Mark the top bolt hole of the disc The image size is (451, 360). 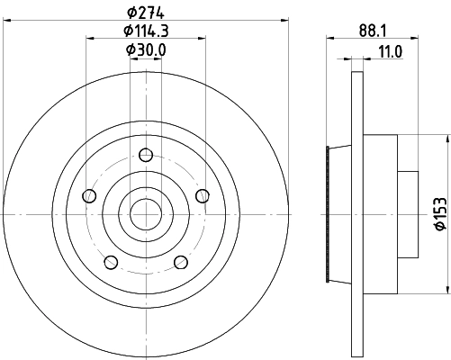(144, 154)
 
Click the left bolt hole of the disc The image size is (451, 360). (88, 195)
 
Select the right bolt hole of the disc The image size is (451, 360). (201, 195)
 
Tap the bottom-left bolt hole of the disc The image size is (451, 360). (110, 262)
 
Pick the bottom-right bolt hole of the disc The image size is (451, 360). (179, 262)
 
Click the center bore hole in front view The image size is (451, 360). (144, 213)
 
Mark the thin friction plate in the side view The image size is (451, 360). (356, 213)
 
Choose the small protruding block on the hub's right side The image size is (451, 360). (410, 213)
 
